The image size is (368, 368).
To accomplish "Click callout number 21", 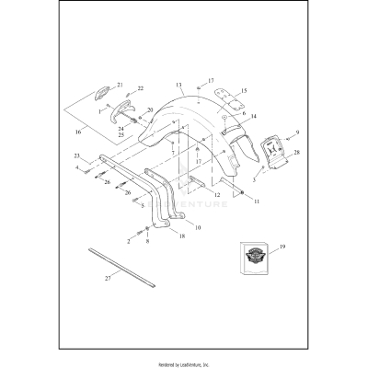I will (119, 85).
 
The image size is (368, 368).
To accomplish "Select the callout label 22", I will (141, 88).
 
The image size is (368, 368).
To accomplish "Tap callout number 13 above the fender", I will (180, 84).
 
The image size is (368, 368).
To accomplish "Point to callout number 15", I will (244, 91).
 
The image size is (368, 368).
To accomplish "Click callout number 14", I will (253, 116).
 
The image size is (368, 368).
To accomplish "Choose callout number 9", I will (297, 132).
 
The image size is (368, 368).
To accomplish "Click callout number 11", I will (257, 201).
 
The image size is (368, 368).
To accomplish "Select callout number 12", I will (218, 196).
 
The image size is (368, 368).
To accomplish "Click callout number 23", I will (77, 156).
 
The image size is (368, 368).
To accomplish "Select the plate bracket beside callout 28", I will (273, 152).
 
